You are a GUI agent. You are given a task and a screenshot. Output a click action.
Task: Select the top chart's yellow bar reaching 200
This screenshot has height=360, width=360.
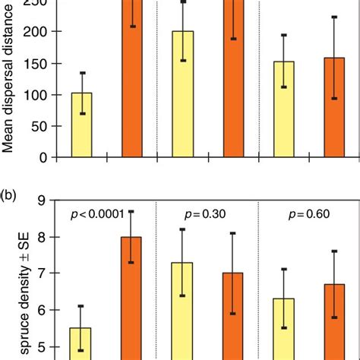[182, 94]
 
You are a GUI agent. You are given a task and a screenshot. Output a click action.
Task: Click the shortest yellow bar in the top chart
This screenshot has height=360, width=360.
[81, 125]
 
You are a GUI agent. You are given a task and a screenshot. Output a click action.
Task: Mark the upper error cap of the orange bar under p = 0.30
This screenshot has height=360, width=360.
[232, 233]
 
